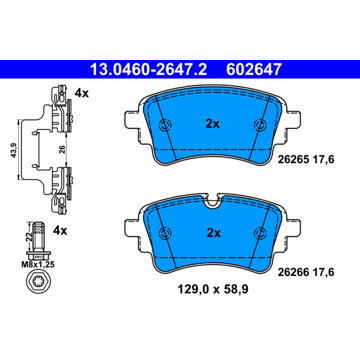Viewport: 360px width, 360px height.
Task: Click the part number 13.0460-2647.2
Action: [x=149, y=70]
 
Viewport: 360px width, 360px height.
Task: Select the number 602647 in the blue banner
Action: [x=254, y=70]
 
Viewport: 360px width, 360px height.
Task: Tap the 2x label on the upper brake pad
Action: [x=213, y=124]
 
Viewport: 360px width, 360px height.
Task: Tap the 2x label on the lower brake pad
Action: [x=214, y=233]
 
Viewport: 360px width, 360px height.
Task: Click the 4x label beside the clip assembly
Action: [x=82, y=93]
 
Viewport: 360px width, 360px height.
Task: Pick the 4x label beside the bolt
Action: [x=60, y=230]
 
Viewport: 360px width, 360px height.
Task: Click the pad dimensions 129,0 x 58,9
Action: [x=213, y=289]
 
